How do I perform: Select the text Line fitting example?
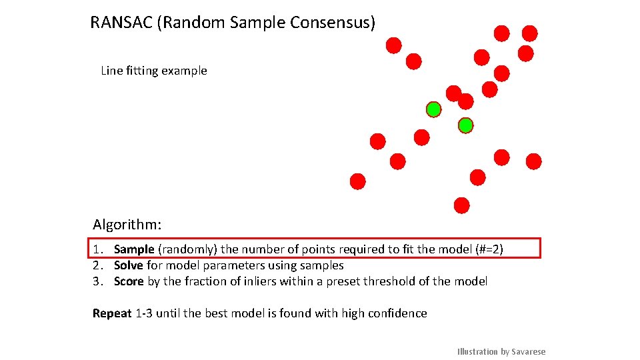click(x=154, y=71)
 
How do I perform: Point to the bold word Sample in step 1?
click(x=134, y=249)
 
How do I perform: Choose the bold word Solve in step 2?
click(x=129, y=265)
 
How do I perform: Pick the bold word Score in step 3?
click(x=129, y=281)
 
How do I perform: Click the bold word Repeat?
click(x=112, y=313)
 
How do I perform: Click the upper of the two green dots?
click(x=434, y=109)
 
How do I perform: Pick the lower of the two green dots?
click(x=465, y=125)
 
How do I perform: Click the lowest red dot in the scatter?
click(x=461, y=205)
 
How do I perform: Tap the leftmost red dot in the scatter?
click(x=358, y=181)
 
